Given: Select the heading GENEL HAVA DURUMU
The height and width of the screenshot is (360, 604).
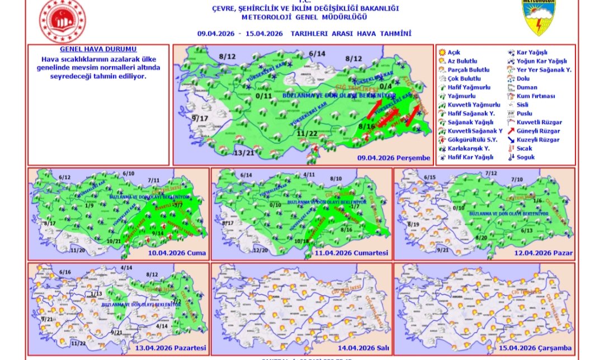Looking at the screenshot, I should pyautogui.click(x=90, y=49).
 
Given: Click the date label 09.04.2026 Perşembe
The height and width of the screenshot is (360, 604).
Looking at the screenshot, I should pyautogui.click(x=394, y=158).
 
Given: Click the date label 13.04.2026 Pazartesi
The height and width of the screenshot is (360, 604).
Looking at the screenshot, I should pyautogui.click(x=172, y=348).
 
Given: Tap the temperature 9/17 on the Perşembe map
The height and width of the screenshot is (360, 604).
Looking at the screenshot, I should pyautogui.click(x=200, y=119).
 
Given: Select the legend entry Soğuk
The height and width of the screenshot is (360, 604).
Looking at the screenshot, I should pyautogui.click(x=526, y=157).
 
